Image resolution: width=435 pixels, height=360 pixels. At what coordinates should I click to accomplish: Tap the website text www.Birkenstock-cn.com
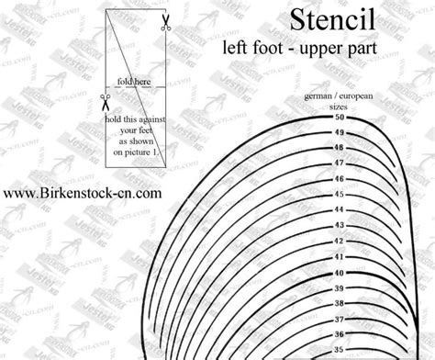[x=83, y=194]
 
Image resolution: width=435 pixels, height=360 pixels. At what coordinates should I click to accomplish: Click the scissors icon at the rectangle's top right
[x=165, y=23]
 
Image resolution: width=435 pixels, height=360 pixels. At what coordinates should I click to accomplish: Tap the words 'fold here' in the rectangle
[x=132, y=80]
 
